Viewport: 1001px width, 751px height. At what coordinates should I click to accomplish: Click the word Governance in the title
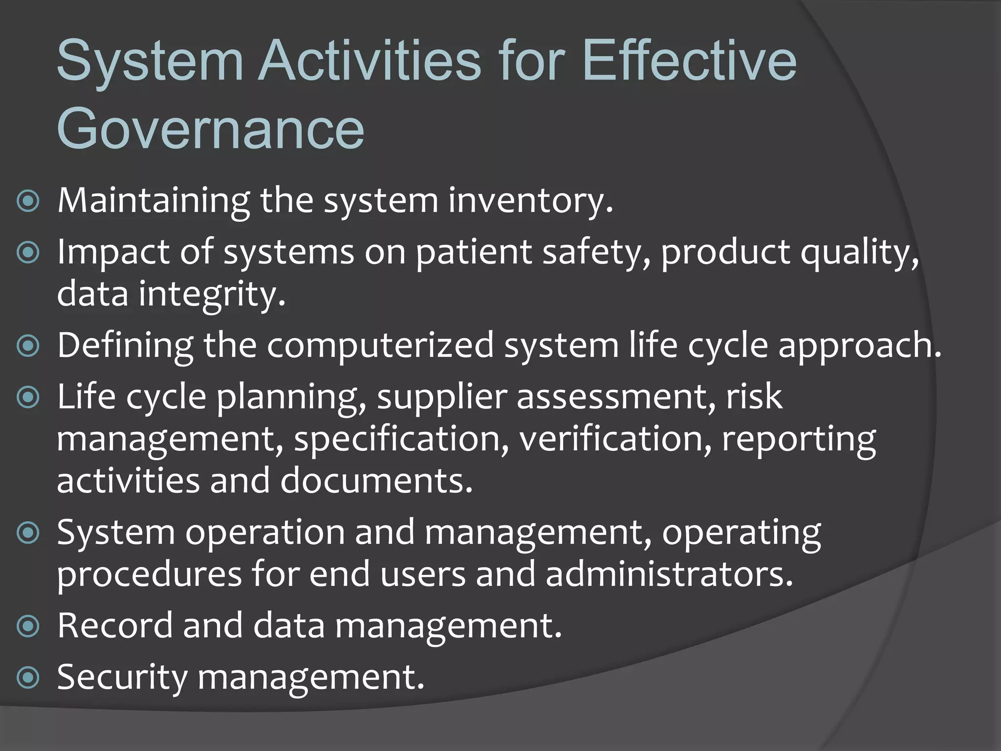point(210,130)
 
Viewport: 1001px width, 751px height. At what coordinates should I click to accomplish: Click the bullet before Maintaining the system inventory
point(28,201)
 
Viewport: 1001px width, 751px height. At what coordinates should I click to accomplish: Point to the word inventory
point(530,201)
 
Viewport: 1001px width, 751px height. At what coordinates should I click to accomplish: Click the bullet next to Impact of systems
point(28,253)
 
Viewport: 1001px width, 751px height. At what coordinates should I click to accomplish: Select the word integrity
point(212,295)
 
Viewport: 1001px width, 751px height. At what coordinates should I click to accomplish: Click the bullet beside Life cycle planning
point(28,397)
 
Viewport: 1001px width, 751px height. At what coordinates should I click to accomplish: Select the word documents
point(376,481)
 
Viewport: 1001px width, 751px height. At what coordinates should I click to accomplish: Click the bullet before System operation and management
point(28,532)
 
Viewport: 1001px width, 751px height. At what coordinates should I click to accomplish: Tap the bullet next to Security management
point(28,678)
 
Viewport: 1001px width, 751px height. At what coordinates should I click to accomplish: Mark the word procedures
point(149,575)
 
